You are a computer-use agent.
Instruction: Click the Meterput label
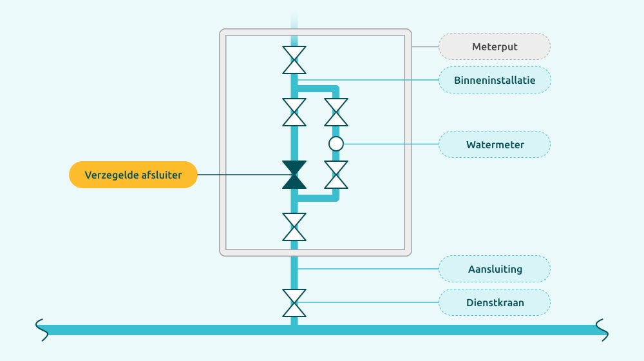[x=495, y=46]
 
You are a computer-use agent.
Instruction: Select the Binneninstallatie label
[x=495, y=81]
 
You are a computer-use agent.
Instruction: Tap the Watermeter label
[x=495, y=144]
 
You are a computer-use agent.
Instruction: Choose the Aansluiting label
[x=495, y=269]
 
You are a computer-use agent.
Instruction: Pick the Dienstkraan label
[x=495, y=302]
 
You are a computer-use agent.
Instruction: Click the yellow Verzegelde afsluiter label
[x=133, y=175]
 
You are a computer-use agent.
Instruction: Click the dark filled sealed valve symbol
[x=294, y=175]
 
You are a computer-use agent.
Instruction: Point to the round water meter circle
[x=336, y=144]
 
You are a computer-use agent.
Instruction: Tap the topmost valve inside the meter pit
[x=294, y=60]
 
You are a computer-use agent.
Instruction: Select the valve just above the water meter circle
[x=336, y=112]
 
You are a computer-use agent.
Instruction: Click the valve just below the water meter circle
[x=336, y=175]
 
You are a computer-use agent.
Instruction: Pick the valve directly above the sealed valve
[x=294, y=112]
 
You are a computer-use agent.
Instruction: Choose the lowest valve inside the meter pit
[x=294, y=227]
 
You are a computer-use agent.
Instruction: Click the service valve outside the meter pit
[x=294, y=303]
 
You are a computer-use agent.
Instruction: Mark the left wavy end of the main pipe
[x=40, y=329]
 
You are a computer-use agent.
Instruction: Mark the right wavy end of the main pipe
[x=603, y=329]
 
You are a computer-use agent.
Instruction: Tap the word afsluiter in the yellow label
[x=161, y=175]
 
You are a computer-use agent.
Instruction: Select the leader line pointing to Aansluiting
[x=367, y=269]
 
